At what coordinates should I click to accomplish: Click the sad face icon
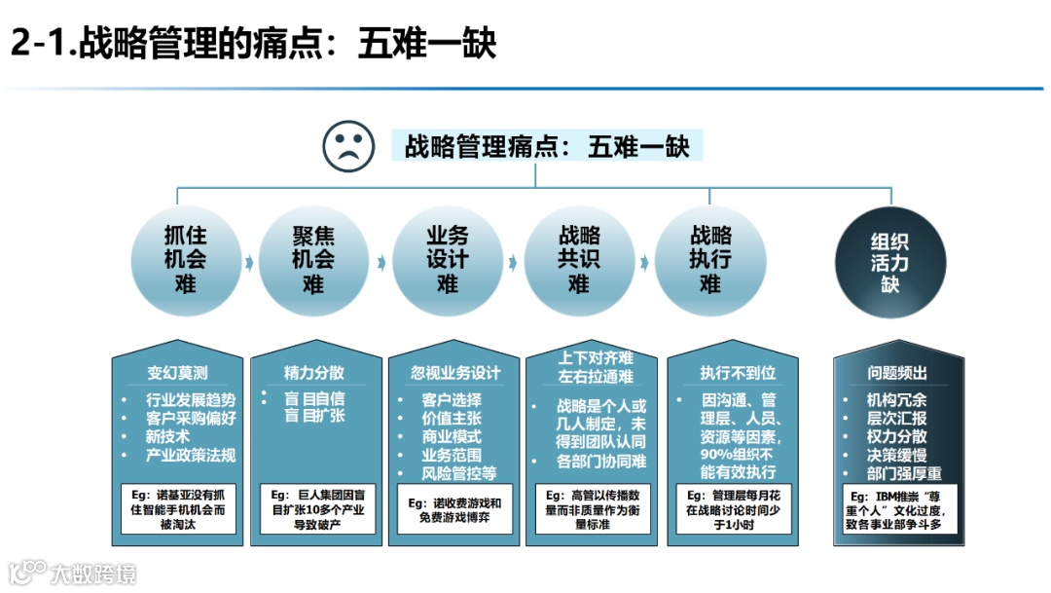pyautogui.click(x=348, y=146)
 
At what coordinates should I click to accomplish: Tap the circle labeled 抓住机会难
pyautogui.click(x=185, y=260)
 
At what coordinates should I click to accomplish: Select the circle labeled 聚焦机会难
pyautogui.click(x=313, y=260)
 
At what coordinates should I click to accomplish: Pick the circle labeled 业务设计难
pyautogui.click(x=447, y=260)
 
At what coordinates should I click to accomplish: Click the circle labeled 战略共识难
pyautogui.click(x=579, y=260)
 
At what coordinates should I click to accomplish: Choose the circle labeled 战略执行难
pyautogui.click(x=710, y=260)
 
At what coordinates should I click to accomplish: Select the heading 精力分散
pyautogui.click(x=313, y=373)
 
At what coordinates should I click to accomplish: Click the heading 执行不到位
pyautogui.click(x=724, y=373)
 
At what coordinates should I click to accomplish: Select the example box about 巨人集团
pyautogui.click(x=313, y=508)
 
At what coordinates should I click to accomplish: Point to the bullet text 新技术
pyautogui.click(x=167, y=436)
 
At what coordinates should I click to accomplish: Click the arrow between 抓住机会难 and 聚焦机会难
pyautogui.click(x=249, y=262)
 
